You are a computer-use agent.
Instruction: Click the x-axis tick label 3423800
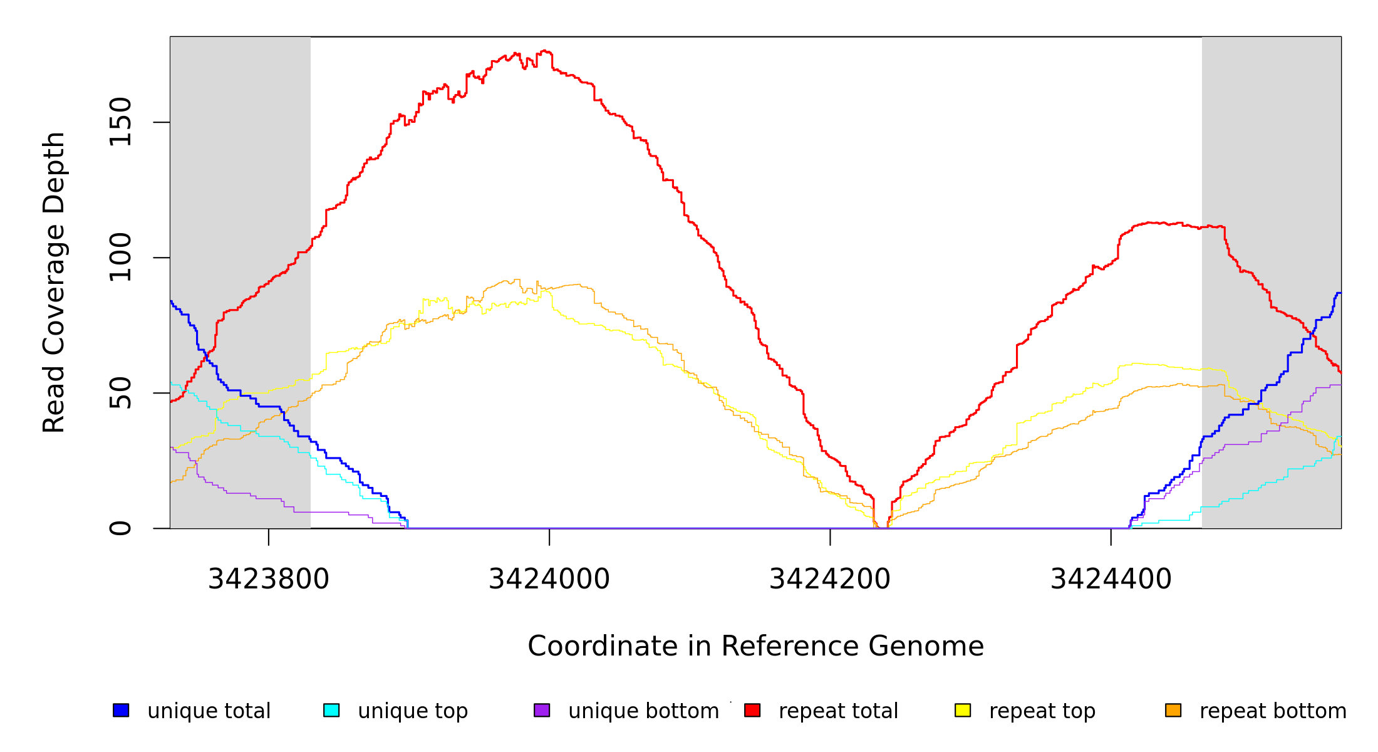(x=268, y=579)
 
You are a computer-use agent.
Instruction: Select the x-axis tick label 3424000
(x=549, y=579)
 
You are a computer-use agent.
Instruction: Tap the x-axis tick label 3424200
(x=829, y=579)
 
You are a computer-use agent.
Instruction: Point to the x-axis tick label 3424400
(x=1111, y=579)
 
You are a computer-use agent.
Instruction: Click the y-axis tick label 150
(x=120, y=122)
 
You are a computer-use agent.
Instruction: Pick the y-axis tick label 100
(x=120, y=258)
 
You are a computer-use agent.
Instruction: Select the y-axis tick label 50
(x=120, y=393)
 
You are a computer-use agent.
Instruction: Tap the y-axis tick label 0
(x=120, y=528)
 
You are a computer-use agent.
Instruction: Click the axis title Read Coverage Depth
(x=54, y=282)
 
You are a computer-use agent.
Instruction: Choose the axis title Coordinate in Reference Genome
(x=755, y=646)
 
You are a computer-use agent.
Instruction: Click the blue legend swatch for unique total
(x=121, y=710)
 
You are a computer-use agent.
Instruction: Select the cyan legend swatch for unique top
(x=331, y=710)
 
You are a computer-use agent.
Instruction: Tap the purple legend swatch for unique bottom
(x=542, y=710)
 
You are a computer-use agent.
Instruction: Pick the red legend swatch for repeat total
(x=752, y=710)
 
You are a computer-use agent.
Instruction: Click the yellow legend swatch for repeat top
(x=963, y=710)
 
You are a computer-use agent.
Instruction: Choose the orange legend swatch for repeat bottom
(x=1173, y=710)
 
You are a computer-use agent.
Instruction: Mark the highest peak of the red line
(x=544, y=51)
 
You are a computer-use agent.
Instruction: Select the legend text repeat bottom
(x=1273, y=711)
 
